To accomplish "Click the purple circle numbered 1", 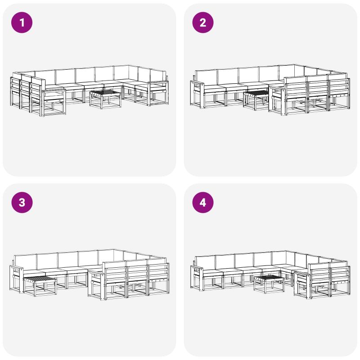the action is pos(22,22).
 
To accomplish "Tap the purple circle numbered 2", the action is pos(203,22).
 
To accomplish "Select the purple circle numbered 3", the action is pos(22,202).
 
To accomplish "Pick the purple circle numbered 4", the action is pos(203,202).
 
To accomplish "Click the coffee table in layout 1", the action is pos(105,99).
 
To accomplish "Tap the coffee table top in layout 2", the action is pos(256,93).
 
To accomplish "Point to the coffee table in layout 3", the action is pos(40,286).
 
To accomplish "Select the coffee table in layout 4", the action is pos(269,284).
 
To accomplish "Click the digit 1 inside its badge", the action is pos(22,22).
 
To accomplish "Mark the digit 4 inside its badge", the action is pos(203,202).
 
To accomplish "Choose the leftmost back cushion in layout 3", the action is pos(25,262).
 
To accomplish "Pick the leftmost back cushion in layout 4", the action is pos(205,262).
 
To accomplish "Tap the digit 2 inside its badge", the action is pos(203,22).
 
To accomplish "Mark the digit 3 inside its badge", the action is pos(22,202).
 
